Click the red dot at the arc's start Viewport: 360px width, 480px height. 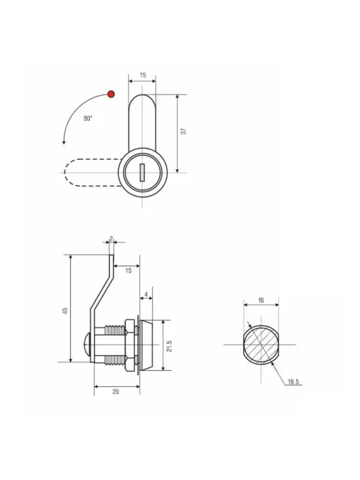(x=111, y=94)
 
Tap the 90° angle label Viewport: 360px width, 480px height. (x=87, y=118)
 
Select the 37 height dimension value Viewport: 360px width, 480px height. (x=183, y=131)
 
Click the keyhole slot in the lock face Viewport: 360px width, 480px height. (x=142, y=172)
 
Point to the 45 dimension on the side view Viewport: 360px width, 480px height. (x=65, y=311)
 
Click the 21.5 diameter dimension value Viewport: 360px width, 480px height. (x=170, y=346)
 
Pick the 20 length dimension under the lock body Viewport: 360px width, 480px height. (x=115, y=392)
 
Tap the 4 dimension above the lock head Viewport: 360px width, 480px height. (x=146, y=294)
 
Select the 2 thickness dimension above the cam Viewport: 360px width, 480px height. (x=111, y=238)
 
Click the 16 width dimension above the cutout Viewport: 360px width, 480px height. (x=261, y=301)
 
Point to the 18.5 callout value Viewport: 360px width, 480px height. (x=293, y=382)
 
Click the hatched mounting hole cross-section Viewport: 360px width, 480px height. (x=261, y=344)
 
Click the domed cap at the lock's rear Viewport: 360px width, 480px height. (x=87, y=344)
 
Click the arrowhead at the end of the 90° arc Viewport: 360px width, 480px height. (x=64, y=142)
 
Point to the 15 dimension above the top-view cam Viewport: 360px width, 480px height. (x=143, y=75)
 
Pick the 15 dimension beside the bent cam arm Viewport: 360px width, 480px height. (x=128, y=270)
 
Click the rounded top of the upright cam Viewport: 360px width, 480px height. (x=142, y=100)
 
